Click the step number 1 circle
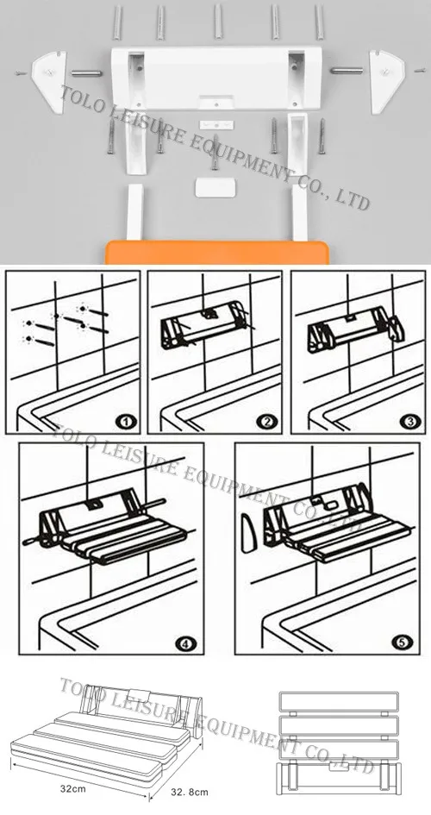pyautogui.click(x=126, y=423)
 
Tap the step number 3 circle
pyautogui.click(x=410, y=423)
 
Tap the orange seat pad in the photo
pyautogui.click(x=219, y=252)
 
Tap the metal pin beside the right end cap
pyautogui.click(x=348, y=73)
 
